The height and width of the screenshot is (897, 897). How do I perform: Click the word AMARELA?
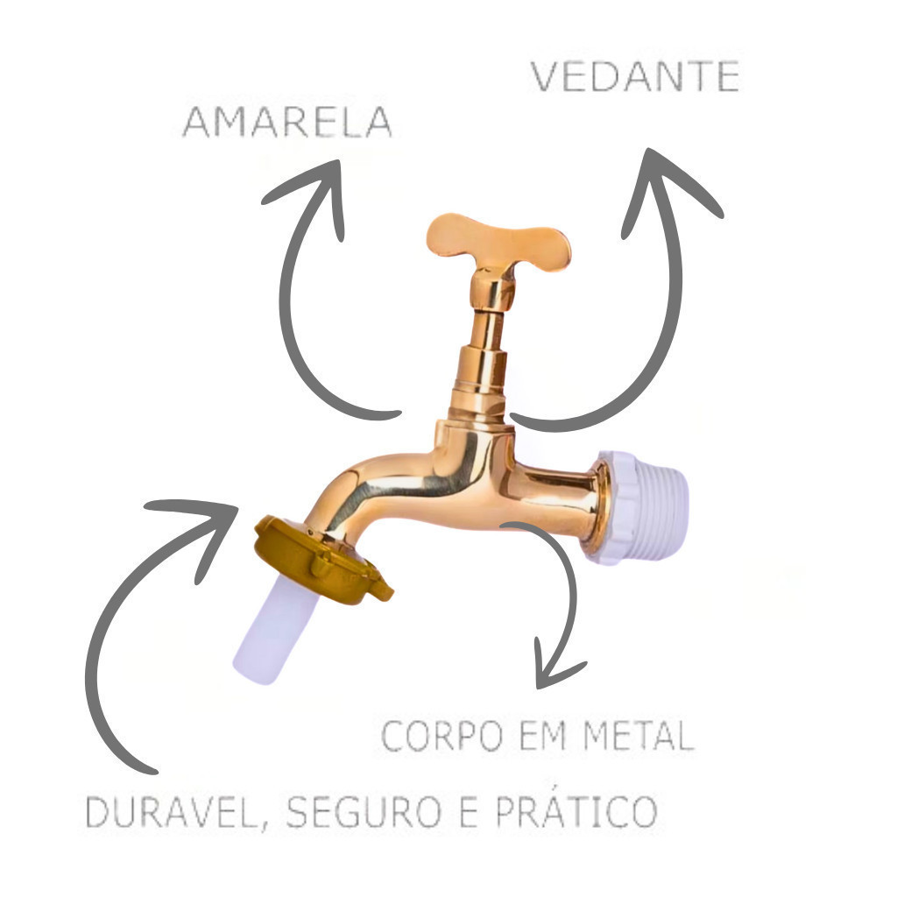coord(286,123)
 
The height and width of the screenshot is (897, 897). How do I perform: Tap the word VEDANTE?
coord(635,77)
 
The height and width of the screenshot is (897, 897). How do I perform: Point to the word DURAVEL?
coord(171,813)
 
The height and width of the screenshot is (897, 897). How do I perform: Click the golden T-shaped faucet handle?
coord(498,237)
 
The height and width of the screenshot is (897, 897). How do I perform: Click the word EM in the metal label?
coord(544,736)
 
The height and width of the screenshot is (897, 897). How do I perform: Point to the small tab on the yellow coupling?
coord(381,590)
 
